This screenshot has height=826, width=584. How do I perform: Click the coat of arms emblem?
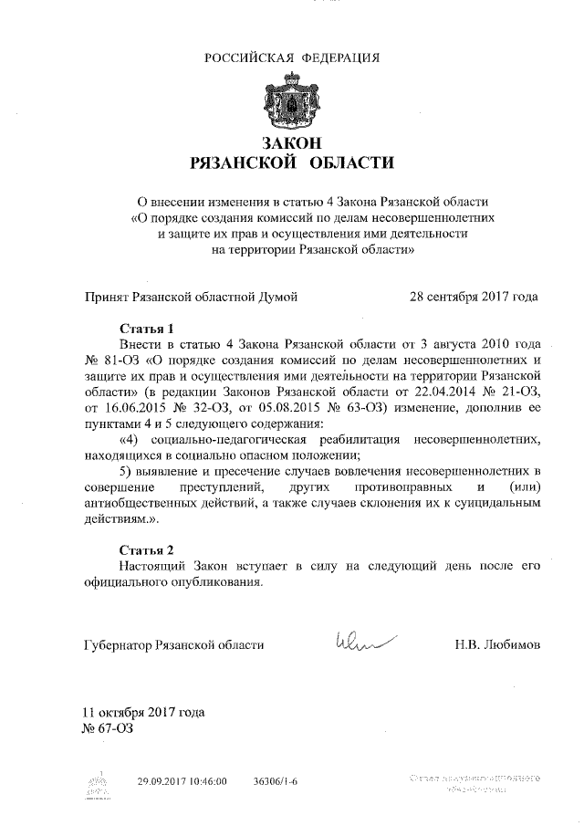click(x=292, y=101)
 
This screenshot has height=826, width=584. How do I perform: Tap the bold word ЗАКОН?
click(x=292, y=143)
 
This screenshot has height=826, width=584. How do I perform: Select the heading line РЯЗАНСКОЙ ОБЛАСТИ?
click(x=292, y=164)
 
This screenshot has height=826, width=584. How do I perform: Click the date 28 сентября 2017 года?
click(x=474, y=296)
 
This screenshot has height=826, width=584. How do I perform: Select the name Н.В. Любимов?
click(x=496, y=644)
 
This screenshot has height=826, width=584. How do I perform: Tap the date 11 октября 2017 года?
click(x=143, y=712)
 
